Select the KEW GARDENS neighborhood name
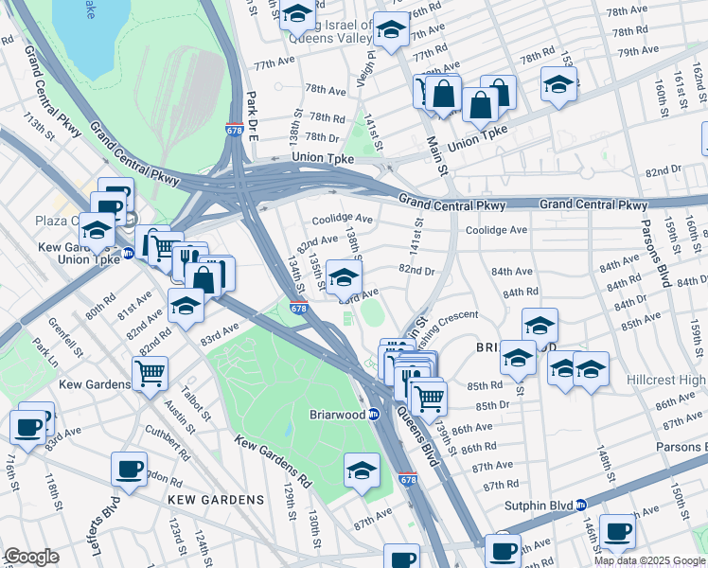point(216,499)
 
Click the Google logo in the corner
point(31,557)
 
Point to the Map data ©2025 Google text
point(648,560)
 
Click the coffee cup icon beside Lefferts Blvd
point(129,468)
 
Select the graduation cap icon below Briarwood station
point(362,470)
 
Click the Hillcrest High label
point(666,379)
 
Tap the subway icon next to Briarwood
point(374,415)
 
